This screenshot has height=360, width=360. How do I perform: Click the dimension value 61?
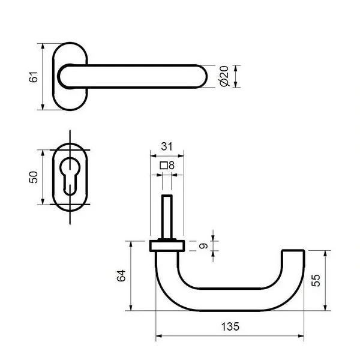pyautogui.click(x=34, y=77)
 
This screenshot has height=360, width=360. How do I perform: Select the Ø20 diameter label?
pyautogui.click(x=224, y=76)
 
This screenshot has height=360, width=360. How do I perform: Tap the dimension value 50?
pyautogui.click(x=34, y=177)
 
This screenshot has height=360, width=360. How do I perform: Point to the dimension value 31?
pyautogui.click(x=167, y=146)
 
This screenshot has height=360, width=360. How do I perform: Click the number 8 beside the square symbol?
pyautogui.click(x=172, y=166)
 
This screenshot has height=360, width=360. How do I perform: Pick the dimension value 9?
pyautogui.click(x=203, y=246)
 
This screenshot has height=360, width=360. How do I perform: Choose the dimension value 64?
pyautogui.click(x=121, y=275)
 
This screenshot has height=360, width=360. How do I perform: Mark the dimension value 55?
pyautogui.click(x=316, y=280)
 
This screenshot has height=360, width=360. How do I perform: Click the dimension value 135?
pyautogui.click(x=230, y=326)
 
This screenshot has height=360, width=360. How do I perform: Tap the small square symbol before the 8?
pyautogui.click(x=164, y=166)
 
